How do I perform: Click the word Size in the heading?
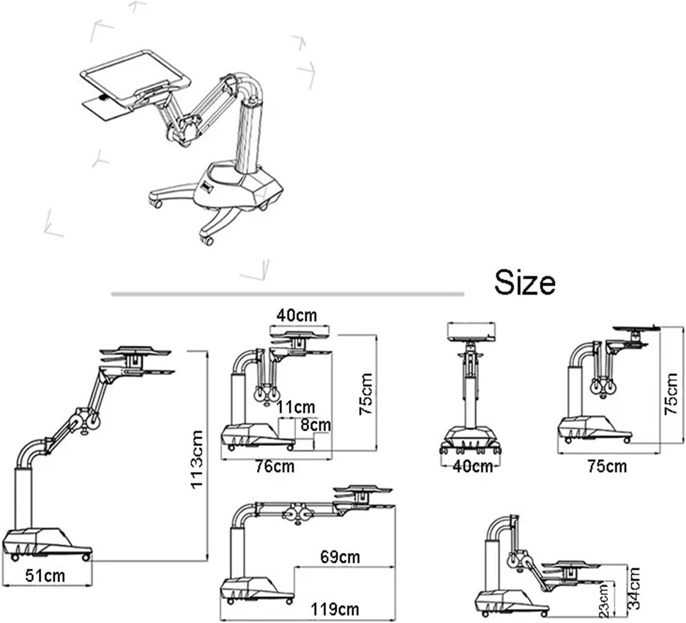pyautogui.click(x=525, y=282)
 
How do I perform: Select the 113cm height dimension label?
pyautogui.click(x=197, y=459)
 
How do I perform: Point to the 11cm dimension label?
pyautogui.click(x=295, y=407)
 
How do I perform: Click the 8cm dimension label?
pyautogui.click(x=315, y=425)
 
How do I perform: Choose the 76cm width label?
pyautogui.click(x=275, y=466)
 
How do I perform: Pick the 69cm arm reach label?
pyautogui.click(x=340, y=557)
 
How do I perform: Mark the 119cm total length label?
pyautogui.click(x=335, y=609)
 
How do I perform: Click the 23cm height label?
pyautogui.click(x=604, y=601)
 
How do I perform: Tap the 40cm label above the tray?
pyautogui.click(x=296, y=315)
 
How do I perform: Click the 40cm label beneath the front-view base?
pyautogui.click(x=472, y=466)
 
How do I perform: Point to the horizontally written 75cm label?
pyautogui.click(x=607, y=466)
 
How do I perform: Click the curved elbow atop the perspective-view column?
pyautogui.click(x=248, y=84)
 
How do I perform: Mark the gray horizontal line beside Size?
pyautogui.click(x=288, y=294)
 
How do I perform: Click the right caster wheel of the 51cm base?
pyautogui.click(x=86, y=557)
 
